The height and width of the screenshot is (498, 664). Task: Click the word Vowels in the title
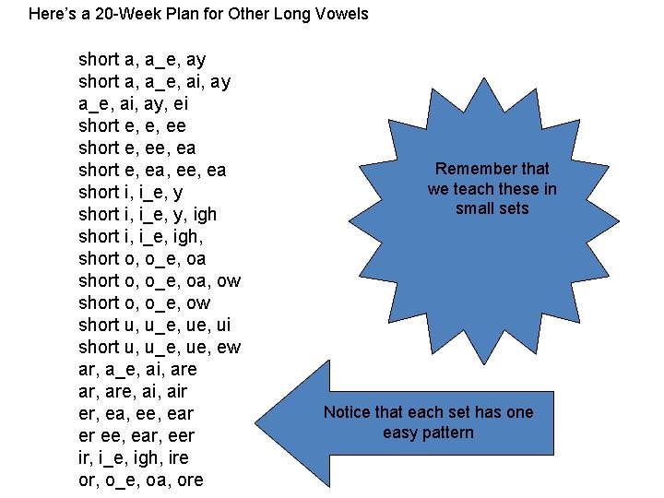pos(342,14)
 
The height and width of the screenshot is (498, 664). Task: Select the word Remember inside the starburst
pos(470,169)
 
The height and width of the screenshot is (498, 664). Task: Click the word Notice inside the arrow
pos(348,412)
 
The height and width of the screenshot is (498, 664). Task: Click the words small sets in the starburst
pos(492,208)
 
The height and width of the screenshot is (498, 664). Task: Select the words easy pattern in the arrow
pos(428,433)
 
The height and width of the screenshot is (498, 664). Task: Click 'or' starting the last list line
pos(89,480)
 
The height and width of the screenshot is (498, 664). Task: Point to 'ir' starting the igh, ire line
pos(86,457)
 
